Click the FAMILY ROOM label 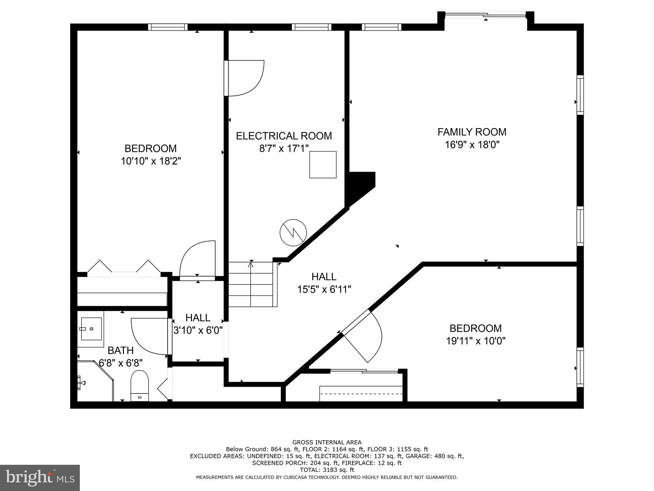pyautogui.click(x=472, y=132)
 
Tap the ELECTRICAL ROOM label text pyautogui.click(x=284, y=136)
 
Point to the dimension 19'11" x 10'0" pyautogui.click(x=475, y=341)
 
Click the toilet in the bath pyautogui.click(x=140, y=385)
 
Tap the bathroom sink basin pyautogui.click(x=91, y=329)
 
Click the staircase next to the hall pyautogui.click(x=251, y=284)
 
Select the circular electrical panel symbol pyautogui.click(x=293, y=232)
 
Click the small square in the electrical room pyautogui.click(x=323, y=164)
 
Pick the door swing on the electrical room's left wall pyautogui.click(x=245, y=78)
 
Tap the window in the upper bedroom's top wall pyautogui.click(x=168, y=27)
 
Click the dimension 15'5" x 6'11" pyautogui.click(x=324, y=290)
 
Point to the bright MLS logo pyautogui.click(x=40, y=478)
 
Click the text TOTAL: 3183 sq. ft pyautogui.click(x=327, y=470)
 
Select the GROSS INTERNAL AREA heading pyautogui.click(x=327, y=442)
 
